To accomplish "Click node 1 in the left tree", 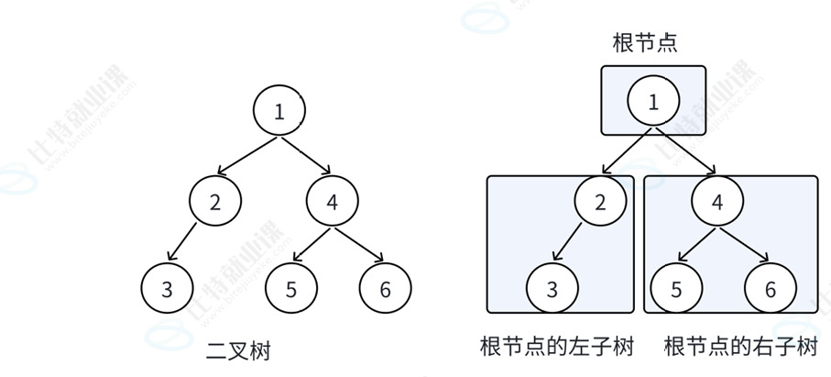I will point(279,111).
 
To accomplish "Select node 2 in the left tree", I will point(215,201).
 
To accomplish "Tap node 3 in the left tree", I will point(167,288).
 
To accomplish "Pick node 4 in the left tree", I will point(333,201).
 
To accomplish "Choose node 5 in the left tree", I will point(290,288).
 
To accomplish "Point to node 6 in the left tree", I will point(385,288).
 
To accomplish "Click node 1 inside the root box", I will point(653,102).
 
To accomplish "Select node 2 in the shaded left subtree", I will point(600,201).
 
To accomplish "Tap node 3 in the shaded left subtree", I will point(552,288).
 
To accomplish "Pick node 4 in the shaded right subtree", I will point(717,201).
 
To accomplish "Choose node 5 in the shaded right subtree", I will point(676,288).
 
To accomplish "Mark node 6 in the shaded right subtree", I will point(770,288).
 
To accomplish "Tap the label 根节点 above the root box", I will point(645,43).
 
